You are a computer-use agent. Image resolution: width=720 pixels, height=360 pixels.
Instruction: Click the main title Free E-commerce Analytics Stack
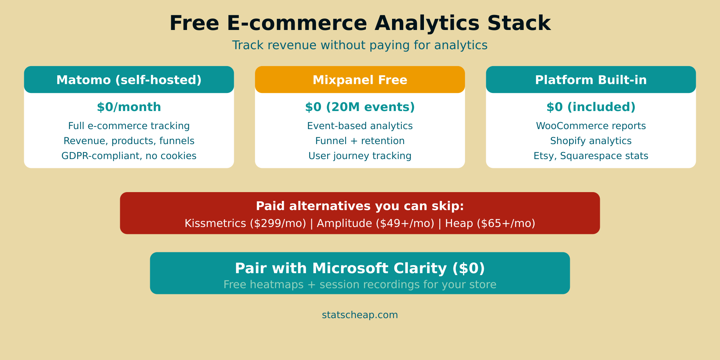[x=360, y=23]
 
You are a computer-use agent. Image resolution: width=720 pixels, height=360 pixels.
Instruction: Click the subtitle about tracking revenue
[x=360, y=45]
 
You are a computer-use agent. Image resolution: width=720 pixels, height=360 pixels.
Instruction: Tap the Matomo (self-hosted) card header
[x=129, y=80]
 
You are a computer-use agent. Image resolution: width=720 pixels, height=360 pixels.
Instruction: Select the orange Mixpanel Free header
[x=360, y=80]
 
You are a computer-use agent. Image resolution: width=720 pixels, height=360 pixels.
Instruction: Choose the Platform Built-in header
[x=591, y=80]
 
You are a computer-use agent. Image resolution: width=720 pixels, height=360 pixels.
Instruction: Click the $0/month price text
[x=129, y=107]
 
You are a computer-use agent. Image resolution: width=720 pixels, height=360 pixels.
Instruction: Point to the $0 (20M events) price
[x=360, y=107]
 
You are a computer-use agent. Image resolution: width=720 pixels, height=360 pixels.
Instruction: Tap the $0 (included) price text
[x=591, y=107]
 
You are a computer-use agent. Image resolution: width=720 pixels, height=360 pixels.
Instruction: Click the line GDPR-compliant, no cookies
[x=129, y=156]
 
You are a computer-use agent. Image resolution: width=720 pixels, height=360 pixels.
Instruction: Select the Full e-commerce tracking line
[x=129, y=126]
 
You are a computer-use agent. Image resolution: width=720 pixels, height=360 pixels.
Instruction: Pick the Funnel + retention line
[x=360, y=141]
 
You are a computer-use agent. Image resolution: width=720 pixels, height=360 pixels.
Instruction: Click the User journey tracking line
[x=360, y=156]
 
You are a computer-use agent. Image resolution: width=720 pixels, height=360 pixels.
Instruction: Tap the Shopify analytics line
[x=591, y=141]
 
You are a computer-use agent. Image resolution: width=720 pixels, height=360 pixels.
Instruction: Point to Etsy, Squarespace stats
[x=591, y=156]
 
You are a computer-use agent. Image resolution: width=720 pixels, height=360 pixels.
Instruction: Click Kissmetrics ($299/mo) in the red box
[x=245, y=224]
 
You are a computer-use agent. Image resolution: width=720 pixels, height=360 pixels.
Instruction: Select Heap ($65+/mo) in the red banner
[x=490, y=224]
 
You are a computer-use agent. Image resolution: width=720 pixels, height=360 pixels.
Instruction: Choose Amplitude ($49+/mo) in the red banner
[x=375, y=224]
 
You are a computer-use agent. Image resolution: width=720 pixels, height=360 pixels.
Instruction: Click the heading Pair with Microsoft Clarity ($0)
[x=360, y=268]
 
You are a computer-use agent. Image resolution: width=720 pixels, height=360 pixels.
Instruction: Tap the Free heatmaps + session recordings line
[x=360, y=285]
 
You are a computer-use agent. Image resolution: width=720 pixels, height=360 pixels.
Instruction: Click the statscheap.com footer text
[x=360, y=315]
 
